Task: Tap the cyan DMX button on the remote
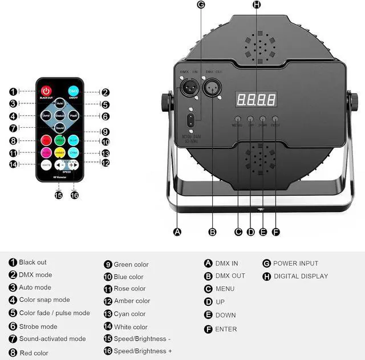pyautogui.click(x=74, y=91)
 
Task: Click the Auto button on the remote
pyautogui.click(x=60, y=104)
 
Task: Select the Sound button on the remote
pyautogui.click(x=60, y=128)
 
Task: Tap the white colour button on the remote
pyautogui.click(x=46, y=165)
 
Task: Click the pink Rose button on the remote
pyautogui.click(x=46, y=152)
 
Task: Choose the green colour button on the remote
pyautogui.click(x=60, y=140)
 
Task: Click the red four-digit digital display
pyautogui.click(x=256, y=100)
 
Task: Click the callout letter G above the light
pyautogui.click(x=200, y=5)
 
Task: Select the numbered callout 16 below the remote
pyautogui.click(x=74, y=195)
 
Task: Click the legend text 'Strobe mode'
pyautogui.click(x=38, y=326)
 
